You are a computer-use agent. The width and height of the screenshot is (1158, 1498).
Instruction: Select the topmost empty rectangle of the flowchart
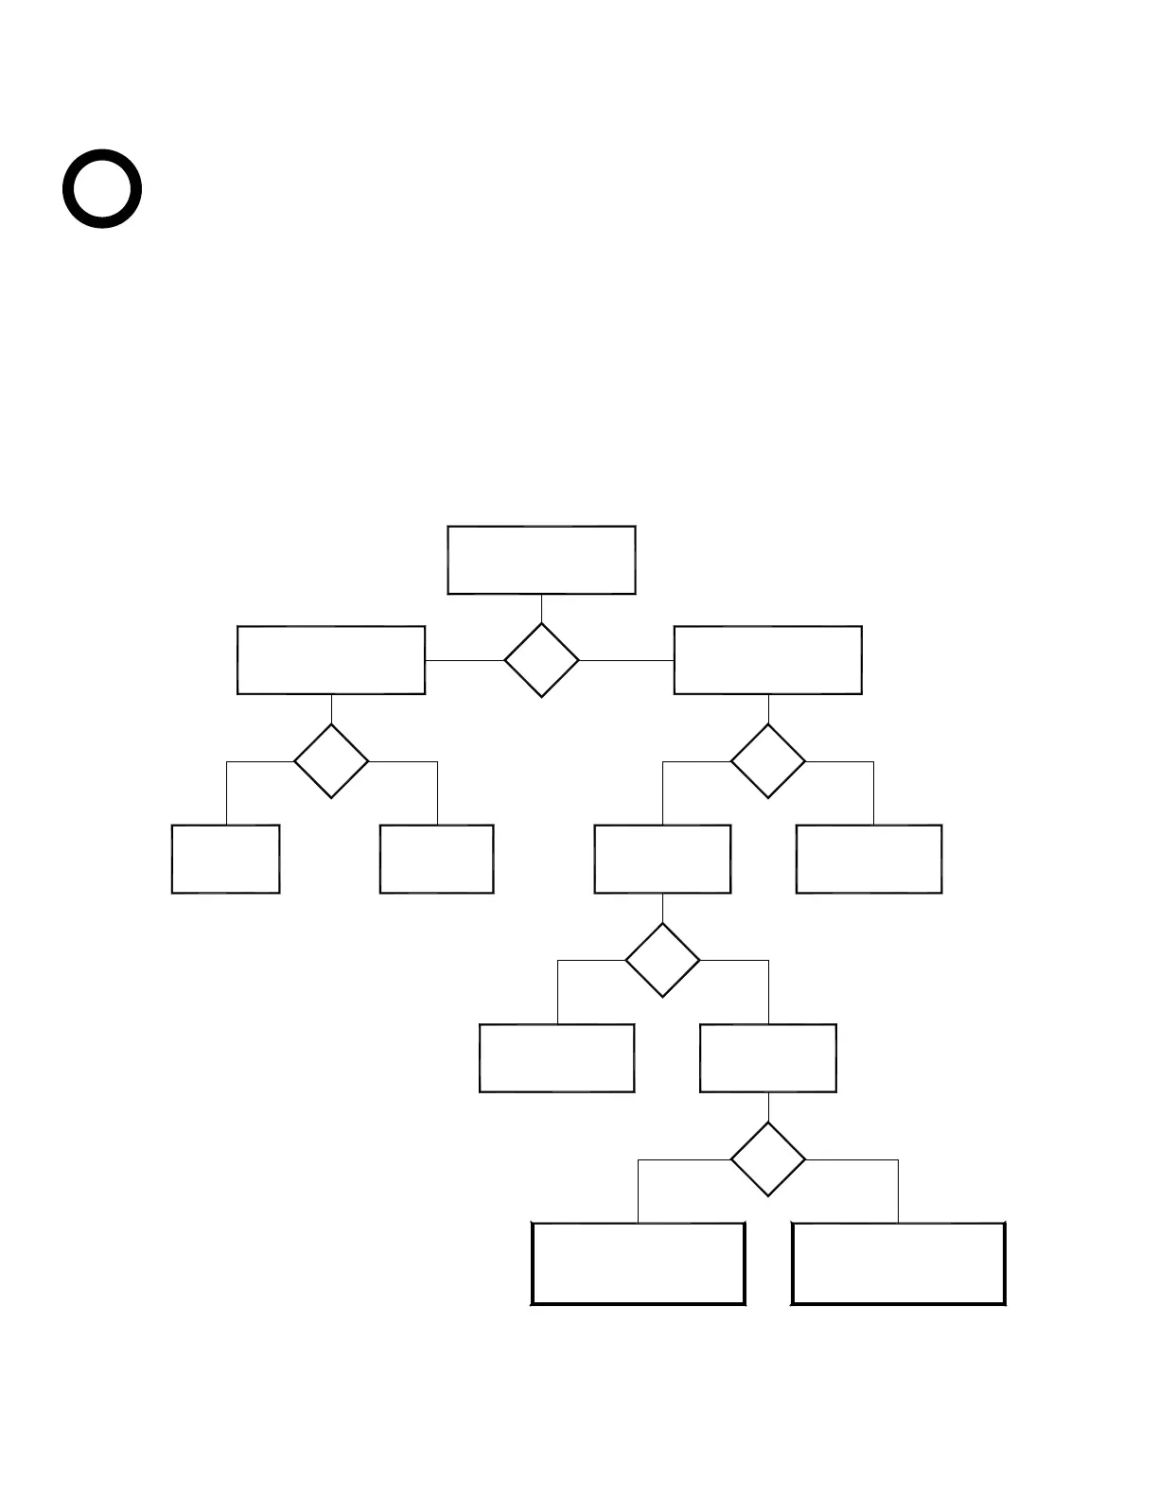coord(541,560)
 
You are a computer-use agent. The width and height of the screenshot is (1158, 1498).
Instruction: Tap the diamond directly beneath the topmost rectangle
coord(541,660)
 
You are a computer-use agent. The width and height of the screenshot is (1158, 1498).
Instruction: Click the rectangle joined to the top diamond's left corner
coord(331,660)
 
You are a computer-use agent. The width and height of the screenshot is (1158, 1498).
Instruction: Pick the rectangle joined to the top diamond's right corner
coord(767,660)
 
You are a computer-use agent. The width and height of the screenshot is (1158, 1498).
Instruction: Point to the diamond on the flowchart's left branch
coord(331,760)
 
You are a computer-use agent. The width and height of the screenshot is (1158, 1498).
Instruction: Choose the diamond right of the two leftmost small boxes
coord(767,760)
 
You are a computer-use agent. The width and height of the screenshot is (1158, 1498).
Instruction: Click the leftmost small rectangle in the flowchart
coord(225,859)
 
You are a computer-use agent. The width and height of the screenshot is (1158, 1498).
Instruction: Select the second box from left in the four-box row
coord(436,859)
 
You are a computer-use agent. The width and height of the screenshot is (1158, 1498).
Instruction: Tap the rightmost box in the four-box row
coord(868,859)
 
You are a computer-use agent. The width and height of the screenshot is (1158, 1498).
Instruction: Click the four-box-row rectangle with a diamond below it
coord(662,859)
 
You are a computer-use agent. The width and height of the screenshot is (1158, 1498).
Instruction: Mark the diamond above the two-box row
coord(662,960)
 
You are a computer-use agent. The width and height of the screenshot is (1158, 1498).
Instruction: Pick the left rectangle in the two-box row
coord(556,1058)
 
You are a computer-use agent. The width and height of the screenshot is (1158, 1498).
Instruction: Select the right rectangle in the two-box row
coord(767,1058)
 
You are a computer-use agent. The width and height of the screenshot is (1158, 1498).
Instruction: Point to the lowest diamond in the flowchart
coord(767,1158)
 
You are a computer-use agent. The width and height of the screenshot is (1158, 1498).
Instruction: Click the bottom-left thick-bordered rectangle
coord(638,1263)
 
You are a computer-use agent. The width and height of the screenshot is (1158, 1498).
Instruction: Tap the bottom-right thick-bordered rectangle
coord(898,1263)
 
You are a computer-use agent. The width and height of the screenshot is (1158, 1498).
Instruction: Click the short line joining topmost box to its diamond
coord(541,608)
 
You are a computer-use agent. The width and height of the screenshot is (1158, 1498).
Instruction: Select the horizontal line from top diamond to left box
coord(465,660)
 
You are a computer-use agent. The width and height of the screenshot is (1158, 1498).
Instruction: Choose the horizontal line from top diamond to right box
coord(626,660)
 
